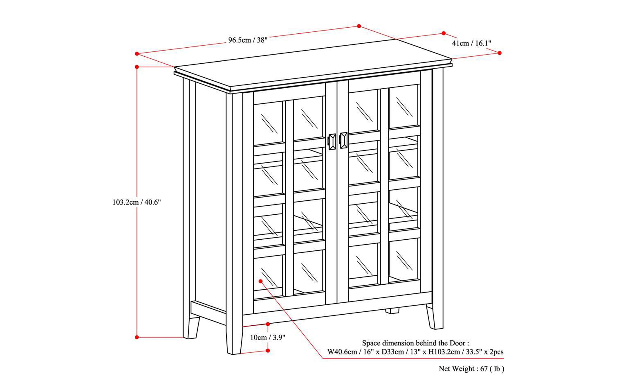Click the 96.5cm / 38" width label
[248, 40]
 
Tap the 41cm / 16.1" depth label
[471, 43]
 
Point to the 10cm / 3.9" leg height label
[268, 337]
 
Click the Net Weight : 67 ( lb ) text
[471, 369]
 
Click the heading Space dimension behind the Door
[415, 343]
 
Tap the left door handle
[332, 142]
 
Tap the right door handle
[343, 140]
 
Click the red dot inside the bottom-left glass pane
[261, 281]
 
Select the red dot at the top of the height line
[137, 67]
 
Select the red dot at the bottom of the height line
[137, 337]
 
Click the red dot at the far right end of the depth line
[500, 53]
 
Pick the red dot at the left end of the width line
[137, 54]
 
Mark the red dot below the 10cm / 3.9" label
[268, 351]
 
